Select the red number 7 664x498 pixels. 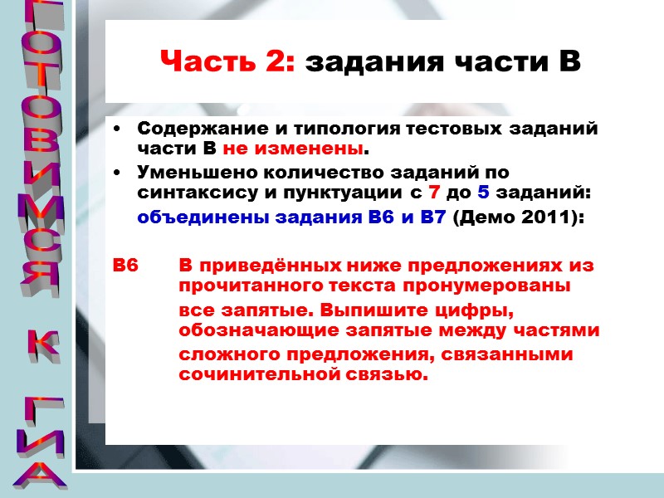433,192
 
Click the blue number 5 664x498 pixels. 484,192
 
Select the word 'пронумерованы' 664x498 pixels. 498,286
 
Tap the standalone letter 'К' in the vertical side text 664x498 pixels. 40,344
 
